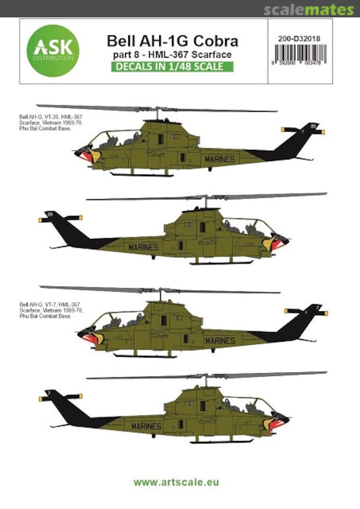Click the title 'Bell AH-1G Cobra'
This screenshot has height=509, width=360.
(172, 41)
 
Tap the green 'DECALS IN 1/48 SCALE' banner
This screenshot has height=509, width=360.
(172, 66)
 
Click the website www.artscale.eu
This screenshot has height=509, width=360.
(176, 482)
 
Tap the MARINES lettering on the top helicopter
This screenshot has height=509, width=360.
(220, 159)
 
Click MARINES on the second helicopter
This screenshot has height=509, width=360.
(143, 247)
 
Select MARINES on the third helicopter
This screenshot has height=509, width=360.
(220, 340)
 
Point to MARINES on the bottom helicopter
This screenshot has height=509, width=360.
(146, 427)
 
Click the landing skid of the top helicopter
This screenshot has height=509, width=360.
(141, 175)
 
